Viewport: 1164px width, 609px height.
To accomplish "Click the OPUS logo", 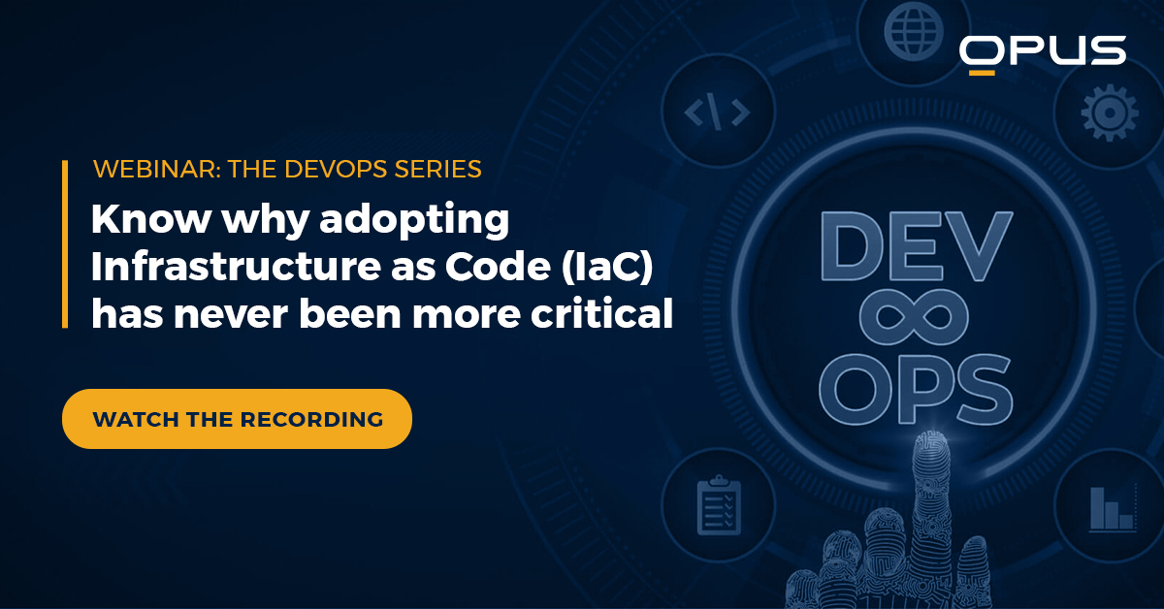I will point(1042,50).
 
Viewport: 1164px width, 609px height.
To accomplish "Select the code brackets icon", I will point(717,113).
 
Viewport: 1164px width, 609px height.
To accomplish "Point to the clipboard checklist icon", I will point(719,503).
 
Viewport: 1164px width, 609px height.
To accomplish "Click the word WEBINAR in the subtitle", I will point(142,169).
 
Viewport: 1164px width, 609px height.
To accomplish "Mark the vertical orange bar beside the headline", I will point(65,244).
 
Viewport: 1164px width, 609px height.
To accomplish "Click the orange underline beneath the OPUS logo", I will point(983,72).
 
